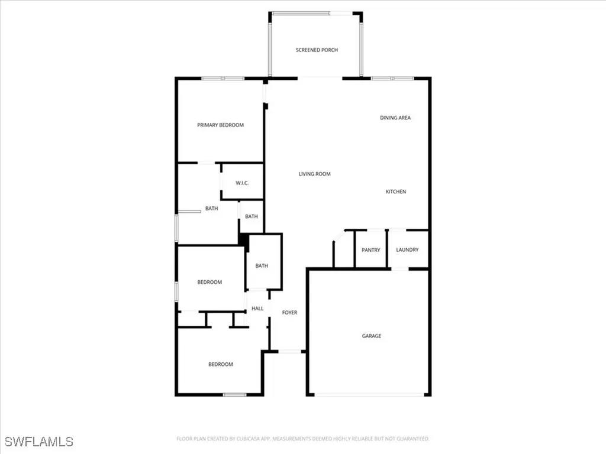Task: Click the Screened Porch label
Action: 317,50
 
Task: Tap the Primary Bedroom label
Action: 220,125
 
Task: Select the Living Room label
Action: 314,174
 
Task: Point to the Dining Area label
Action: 395,118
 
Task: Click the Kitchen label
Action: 396,192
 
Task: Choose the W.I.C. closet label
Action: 242,183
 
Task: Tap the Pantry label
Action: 370,250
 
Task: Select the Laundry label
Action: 407,250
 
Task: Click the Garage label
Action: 372,336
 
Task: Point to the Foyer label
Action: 289,313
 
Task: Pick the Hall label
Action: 257,309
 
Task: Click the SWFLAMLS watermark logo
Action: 39,442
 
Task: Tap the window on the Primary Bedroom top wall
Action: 223,79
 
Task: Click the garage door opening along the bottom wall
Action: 369,394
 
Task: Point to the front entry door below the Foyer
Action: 289,352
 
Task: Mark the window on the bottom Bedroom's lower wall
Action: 234,394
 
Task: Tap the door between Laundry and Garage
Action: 400,269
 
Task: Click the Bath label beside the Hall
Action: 262,266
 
